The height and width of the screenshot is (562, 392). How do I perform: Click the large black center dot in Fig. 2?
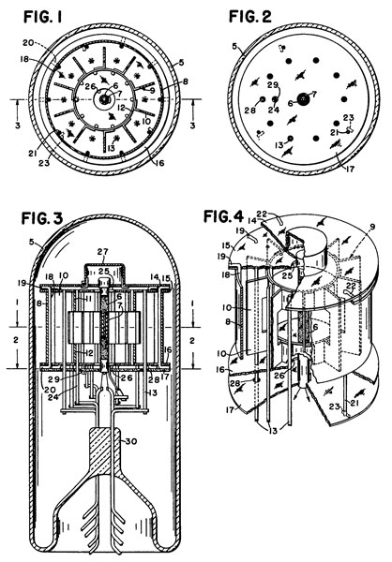pyautogui.click(x=299, y=98)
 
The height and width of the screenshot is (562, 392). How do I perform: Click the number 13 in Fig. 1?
pyautogui.click(x=110, y=151)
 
